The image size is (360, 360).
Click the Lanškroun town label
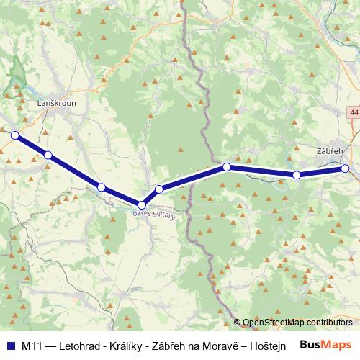[55, 104]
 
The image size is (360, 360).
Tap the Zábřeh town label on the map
[330, 152]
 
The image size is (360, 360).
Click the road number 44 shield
[354, 114]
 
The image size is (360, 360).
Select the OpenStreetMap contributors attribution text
[297, 323]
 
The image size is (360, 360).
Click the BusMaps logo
[325, 345]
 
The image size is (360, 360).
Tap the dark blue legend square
[10, 346]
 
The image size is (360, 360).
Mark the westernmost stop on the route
[14, 134]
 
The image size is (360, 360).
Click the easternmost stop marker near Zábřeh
[345, 168]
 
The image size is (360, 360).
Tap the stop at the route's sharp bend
[143, 205]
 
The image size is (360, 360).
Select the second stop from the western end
[48, 155]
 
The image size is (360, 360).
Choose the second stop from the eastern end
[296, 175]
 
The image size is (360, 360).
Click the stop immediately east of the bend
[159, 189]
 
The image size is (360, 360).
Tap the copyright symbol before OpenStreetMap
[238, 323]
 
